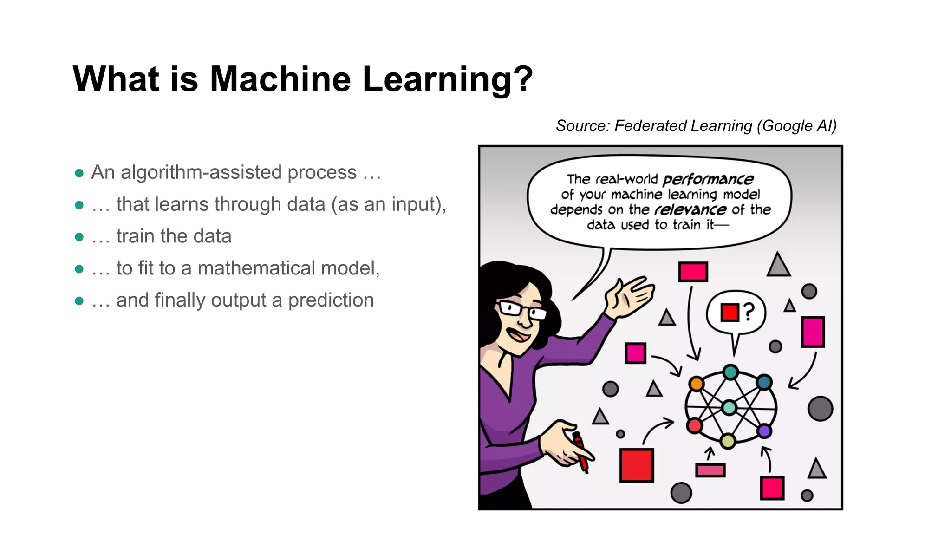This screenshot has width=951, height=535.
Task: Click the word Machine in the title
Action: (x=280, y=79)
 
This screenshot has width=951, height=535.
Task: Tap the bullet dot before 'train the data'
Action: (x=79, y=237)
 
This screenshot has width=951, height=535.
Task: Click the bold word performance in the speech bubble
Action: (x=708, y=179)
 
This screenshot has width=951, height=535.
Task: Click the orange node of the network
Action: (x=696, y=384)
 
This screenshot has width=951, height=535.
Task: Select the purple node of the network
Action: (x=764, y=431)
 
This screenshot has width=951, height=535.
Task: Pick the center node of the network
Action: (x=730, y=407)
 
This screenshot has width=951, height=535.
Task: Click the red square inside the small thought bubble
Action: (x=730, y=312)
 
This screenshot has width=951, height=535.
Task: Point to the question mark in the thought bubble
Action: (x=749, y=312)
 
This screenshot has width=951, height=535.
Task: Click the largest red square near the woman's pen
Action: (x=637, y=465)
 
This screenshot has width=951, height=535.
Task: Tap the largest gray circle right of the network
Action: (x=820, y=409)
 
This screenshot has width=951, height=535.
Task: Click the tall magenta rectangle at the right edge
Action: (x=813, y=332)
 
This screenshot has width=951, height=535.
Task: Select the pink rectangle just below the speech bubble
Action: (x=693, y=272)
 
